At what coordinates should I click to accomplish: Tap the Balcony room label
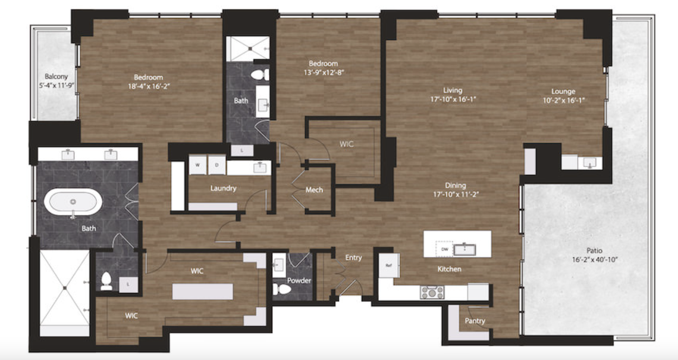point(56,76)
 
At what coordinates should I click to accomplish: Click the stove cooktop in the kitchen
point(432,292)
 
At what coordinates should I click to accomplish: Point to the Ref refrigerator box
point(389,265)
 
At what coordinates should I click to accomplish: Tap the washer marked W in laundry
point(197,164)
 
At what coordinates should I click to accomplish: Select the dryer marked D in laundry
point(216,164)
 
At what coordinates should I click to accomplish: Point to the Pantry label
point(475,321)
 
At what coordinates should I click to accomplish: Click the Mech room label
point(314,190)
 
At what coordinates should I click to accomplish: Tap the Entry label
point(353,258)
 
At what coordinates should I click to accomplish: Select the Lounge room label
point(563,91)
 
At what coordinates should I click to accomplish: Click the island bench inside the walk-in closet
point(202,292)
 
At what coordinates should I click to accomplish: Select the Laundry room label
point(223,188)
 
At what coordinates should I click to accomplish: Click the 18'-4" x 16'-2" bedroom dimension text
point(148,86)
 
